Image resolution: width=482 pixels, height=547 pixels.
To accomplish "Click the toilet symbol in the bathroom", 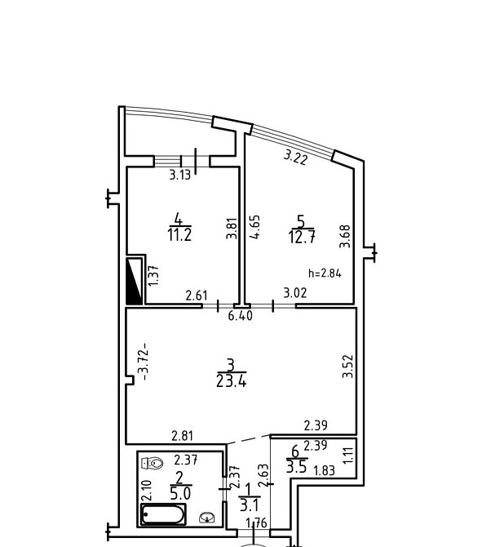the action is tap(153, 463).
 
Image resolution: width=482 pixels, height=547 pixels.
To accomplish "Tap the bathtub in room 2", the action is tap(163, 514).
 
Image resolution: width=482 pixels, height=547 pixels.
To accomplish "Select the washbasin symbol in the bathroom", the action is tap(207, 518).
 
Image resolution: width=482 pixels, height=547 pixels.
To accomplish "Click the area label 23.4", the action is tap(231, 381).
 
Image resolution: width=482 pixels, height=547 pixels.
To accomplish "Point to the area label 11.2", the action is tap(179, 235).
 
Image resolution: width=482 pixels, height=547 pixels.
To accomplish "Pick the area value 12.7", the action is tap(302, 237).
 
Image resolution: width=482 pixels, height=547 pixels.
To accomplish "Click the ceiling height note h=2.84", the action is tap(325, 273).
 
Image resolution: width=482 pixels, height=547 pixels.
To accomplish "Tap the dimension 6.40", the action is tap(240, 316).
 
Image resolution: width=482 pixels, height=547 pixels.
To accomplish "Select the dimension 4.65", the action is tap(255, 227).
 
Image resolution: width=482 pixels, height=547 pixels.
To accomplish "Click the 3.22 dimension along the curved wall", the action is tap(295, 157).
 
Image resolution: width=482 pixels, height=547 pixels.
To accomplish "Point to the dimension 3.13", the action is tap(180, 175).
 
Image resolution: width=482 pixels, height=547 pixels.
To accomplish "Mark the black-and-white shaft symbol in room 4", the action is tap(135, 281).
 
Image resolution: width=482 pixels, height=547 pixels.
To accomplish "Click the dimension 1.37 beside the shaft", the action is tap(153, 276).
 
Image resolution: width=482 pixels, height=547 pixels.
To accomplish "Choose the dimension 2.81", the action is tap(182, 436).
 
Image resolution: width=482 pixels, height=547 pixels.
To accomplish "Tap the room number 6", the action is tap(295, 451).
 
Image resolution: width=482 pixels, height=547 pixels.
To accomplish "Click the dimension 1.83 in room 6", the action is tap(324, 471).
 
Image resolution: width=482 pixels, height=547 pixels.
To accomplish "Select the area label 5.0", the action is tap(180, 494).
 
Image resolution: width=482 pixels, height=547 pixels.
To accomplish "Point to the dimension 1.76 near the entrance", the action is tap(256, 523).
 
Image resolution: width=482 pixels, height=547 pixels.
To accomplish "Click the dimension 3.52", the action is tap(347, 367).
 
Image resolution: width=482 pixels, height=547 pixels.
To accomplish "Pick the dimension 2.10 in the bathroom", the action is tap(147, 490).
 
